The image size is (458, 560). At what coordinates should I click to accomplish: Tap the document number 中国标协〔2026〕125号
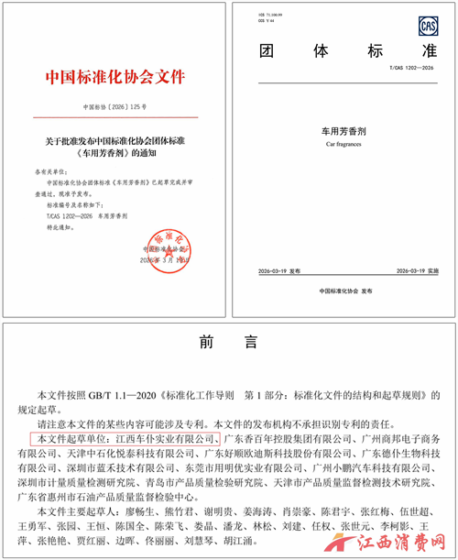114,108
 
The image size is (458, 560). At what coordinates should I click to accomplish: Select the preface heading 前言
228,343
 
